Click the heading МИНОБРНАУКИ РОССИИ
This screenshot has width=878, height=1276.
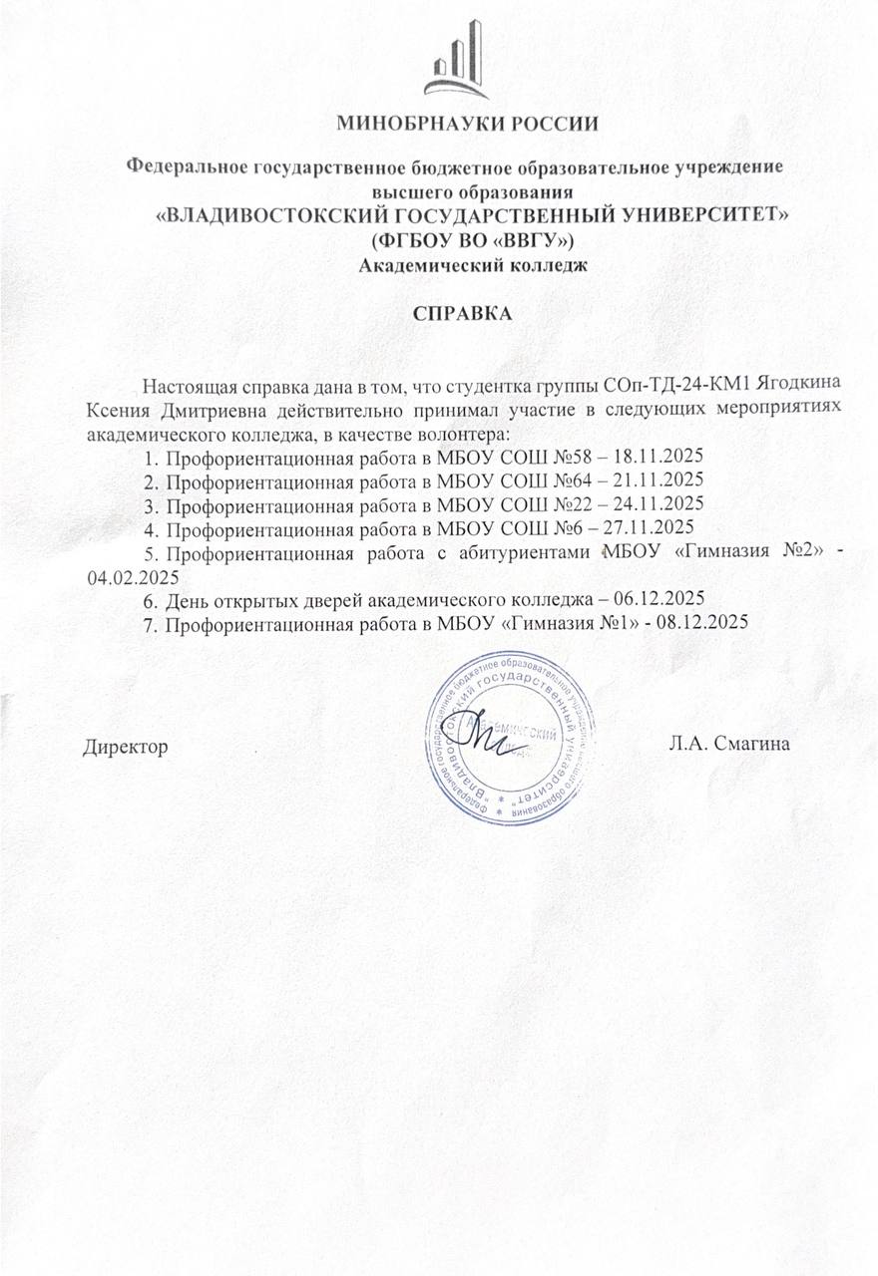point(468,125)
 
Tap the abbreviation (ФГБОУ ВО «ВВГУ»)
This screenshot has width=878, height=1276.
point(474,240)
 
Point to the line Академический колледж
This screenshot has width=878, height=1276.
point(474,264)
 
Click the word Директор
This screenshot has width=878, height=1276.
point(124,746)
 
